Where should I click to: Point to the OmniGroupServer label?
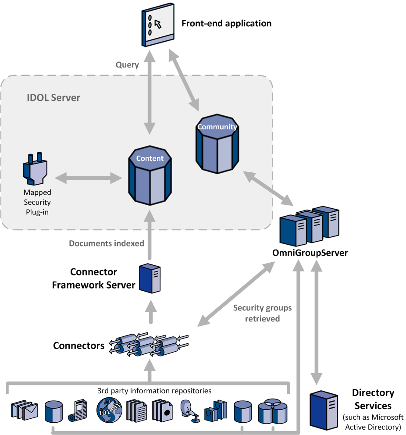tap(310, 253)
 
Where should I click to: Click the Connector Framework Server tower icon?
tap(150, 278)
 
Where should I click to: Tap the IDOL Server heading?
tap(53, 97)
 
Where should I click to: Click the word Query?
tap(127, 65)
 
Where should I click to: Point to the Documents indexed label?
tap(107, 243)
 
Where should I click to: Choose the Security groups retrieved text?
tap(256, 314)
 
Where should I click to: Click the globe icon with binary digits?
tap(109, 410)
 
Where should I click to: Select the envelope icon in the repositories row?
tap(25, 410)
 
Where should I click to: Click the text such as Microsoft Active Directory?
tap(374, 422)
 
